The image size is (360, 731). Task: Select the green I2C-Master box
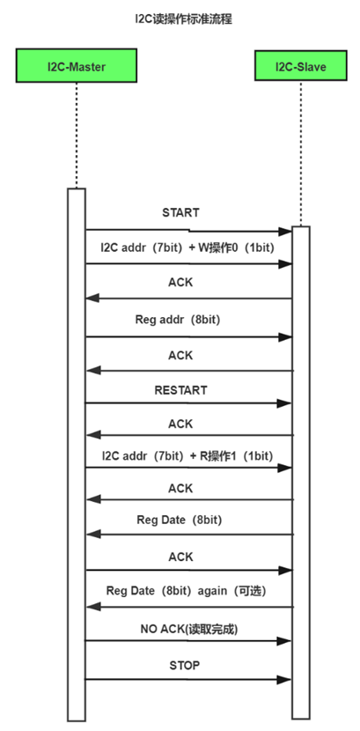tap(77, 65)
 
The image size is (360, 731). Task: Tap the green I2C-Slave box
tap(300, 65)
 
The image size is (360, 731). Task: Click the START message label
tap(180, 212)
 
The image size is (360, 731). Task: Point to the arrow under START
tap(188, 231)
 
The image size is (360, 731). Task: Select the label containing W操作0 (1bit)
tap(187, 247)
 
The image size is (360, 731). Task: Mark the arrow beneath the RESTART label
tap(188, 403)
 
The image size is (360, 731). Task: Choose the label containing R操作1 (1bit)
tap(187, 456)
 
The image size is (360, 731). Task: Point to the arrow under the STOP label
tap(188, 679)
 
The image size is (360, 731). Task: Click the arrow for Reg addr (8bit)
tap(188, 336)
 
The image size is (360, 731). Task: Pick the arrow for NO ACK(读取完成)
tap(188, 641)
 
